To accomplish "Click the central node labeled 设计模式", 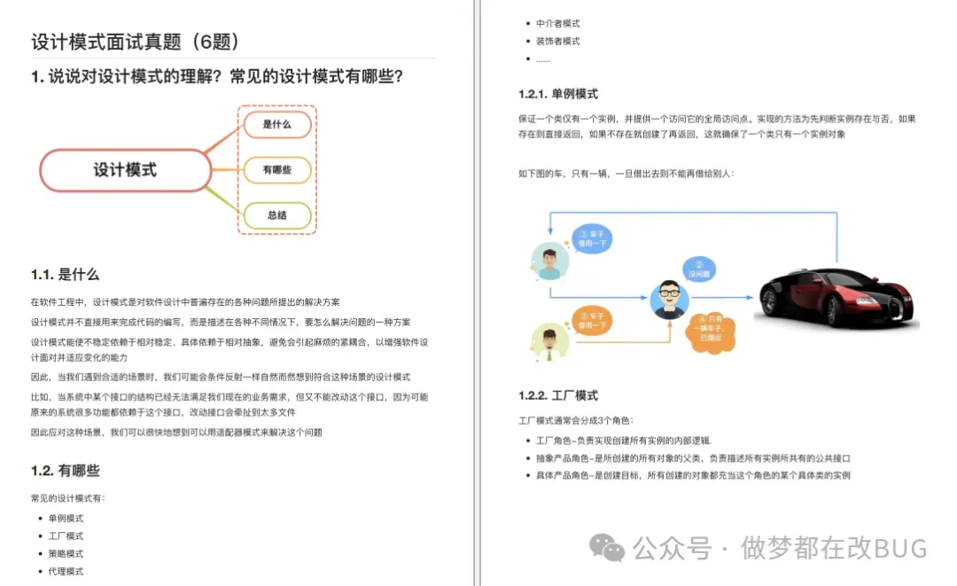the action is point(125,169).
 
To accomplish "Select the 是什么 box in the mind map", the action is point(276,124).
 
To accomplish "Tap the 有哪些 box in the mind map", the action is point(276,169).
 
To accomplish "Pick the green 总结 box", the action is point(276,215).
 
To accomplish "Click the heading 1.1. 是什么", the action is point(65,275).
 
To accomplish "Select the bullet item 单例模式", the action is point(66,518).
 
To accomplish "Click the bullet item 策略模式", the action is point(66,553).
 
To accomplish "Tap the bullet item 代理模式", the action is point(66,571).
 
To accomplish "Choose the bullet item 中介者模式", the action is point(557,23).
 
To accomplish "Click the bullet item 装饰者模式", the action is point(557,41).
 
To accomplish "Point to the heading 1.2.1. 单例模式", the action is point(557,94).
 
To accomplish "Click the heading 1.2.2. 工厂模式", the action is point(557,395).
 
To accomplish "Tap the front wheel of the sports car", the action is point(832,309).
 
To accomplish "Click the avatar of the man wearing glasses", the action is point(670,299).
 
